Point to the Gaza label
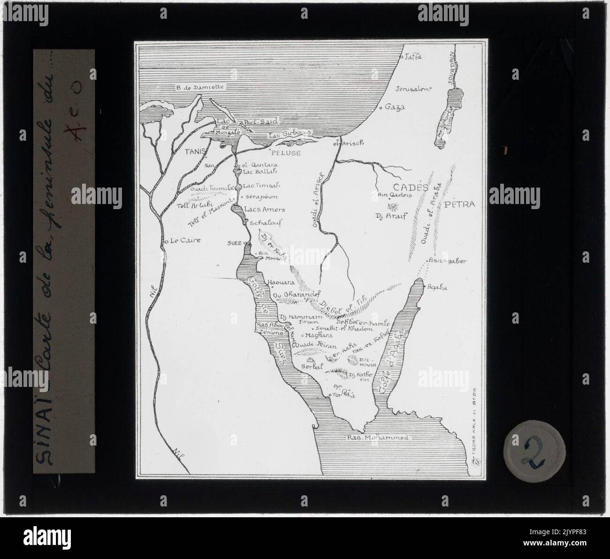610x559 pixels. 395,107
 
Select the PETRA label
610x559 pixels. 460,204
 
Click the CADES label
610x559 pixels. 413,188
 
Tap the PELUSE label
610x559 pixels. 285,153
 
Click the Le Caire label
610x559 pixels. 185,240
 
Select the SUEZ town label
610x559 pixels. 233,243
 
